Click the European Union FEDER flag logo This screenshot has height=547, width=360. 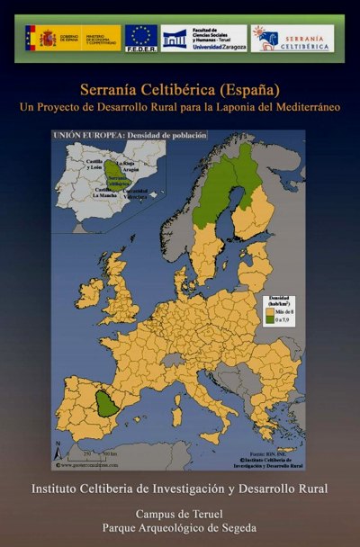141,38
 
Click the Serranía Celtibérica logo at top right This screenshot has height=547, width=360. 291,38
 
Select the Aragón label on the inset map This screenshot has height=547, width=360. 132,169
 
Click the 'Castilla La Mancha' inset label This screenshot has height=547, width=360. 105,193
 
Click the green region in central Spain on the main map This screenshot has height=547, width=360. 107,405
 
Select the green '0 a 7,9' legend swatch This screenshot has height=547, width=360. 266,320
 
